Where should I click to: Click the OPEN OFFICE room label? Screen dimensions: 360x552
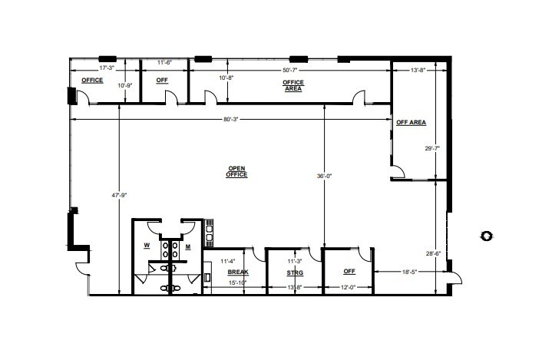pos(236,172)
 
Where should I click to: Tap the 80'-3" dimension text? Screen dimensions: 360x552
pos(231,119)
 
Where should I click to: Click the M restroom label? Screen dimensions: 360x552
pos(189,246)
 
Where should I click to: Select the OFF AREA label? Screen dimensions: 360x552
pos(411,122)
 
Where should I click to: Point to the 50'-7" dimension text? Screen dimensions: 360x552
pos(293,71)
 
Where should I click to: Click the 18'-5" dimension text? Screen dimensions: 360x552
pos(410,272)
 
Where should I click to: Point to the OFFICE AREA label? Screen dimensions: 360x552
pos(293,85)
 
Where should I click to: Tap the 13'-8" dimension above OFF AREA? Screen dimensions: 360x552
pos(418,71)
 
